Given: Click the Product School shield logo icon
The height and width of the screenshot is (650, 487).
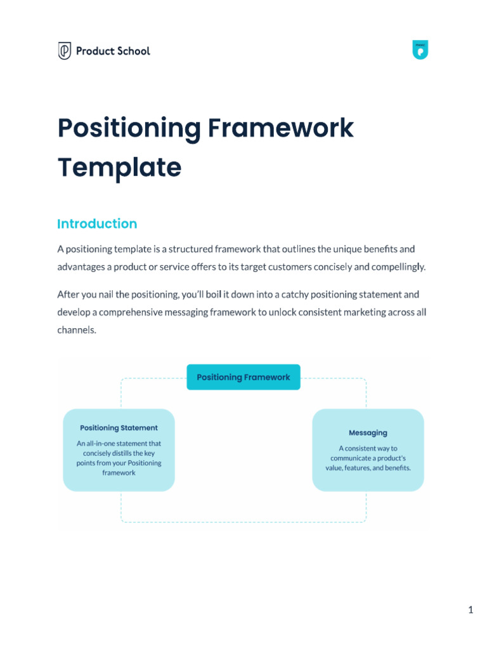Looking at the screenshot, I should [65, 51].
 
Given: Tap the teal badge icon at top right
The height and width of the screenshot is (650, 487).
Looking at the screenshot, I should [420, 50].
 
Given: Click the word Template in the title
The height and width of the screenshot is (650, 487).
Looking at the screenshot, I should [119, 168].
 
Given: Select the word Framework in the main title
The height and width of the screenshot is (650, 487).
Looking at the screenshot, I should [280, 128].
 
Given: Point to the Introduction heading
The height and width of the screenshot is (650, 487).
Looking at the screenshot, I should [97, 223].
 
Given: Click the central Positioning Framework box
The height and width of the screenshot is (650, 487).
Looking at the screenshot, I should [243, 377].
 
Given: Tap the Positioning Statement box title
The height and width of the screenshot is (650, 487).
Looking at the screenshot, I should [119, 428].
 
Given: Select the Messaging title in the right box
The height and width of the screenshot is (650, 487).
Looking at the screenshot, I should [368, 432].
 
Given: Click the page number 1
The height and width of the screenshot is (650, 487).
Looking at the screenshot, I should [471, 610].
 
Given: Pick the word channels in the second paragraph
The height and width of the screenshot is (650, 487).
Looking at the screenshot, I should [75, 330].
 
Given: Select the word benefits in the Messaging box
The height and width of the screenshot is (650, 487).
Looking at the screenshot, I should [397, 468].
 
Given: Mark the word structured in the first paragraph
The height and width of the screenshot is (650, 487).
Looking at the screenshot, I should [181, 249].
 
